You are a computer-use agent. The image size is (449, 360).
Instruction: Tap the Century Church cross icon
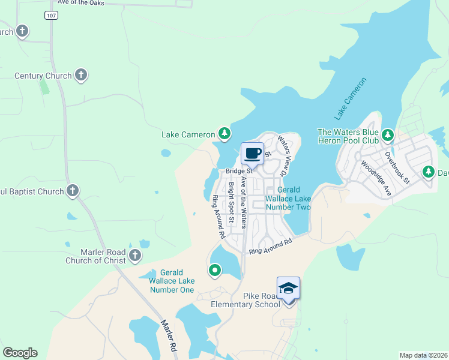tap(81, 76)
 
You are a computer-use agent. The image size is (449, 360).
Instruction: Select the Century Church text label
tap(43, 76)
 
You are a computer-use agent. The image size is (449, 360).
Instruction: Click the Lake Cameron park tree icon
tap(224, 133)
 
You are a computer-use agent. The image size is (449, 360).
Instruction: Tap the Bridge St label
tap(237, 171)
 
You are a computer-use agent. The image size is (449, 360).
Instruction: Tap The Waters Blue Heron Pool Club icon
tap(387, 134)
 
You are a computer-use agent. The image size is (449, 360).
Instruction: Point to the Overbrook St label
tap(397, 168)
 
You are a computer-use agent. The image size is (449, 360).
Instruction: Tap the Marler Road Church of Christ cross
tap(135, 256)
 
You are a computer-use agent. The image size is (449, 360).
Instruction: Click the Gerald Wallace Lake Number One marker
tap(214, 271)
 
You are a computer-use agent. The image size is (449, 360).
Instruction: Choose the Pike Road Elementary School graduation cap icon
tap(288, 288)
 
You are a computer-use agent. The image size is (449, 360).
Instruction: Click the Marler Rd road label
tap(169, 335)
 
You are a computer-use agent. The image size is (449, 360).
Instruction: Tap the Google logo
tap(20, 353)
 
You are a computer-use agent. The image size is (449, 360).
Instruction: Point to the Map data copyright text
tap(423, 355)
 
